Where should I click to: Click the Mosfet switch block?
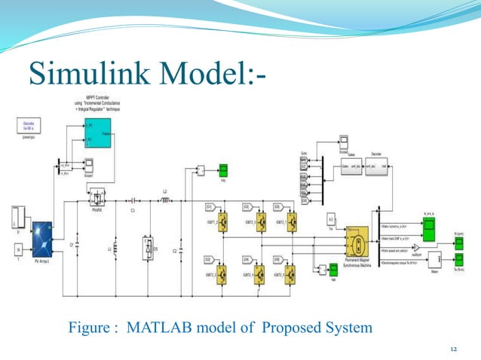coord(97,199)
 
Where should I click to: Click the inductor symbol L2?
coord(164,200)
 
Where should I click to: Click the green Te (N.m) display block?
coord(459,261)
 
